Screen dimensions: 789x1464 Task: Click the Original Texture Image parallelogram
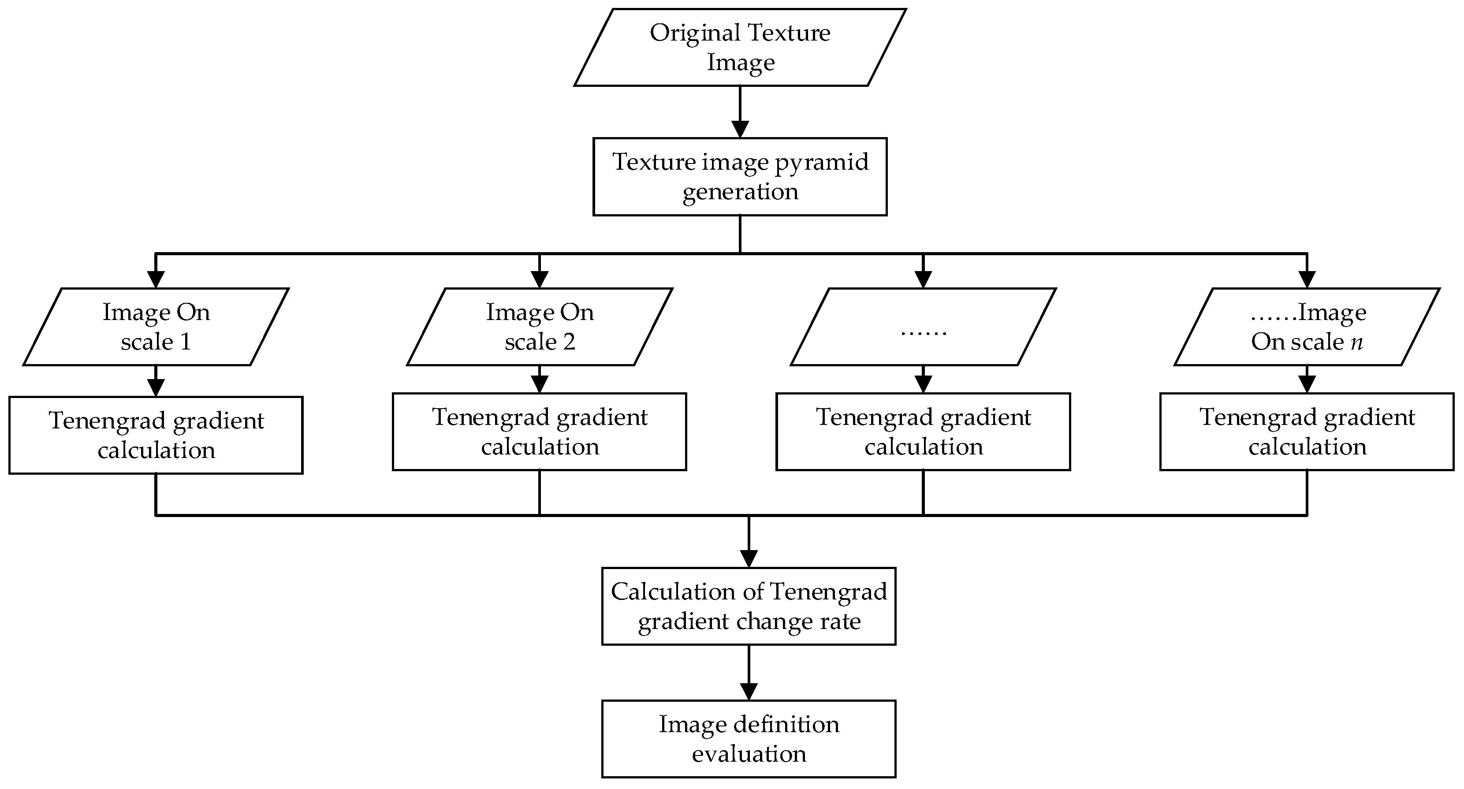click(x=740, y=47)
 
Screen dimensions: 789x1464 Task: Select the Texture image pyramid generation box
click(x=740, y=176)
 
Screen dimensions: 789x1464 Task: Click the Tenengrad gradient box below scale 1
click(x=156, y=435)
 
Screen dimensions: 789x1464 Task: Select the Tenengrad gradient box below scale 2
click(x=539, y=432)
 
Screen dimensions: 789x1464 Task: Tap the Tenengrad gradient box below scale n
click(x=1307, y=432)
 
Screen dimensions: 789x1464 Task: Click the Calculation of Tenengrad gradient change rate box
click(x=749, y=606)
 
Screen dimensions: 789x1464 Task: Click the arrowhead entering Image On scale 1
click(x=156, y=279)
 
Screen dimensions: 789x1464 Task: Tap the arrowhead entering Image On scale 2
click(x=539, y=279)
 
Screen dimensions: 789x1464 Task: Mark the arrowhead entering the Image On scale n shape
click(x=1307, y=279)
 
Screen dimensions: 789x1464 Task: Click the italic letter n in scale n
click(x=1356, y=342)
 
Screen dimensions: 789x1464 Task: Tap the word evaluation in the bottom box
click(x=749, y=754)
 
